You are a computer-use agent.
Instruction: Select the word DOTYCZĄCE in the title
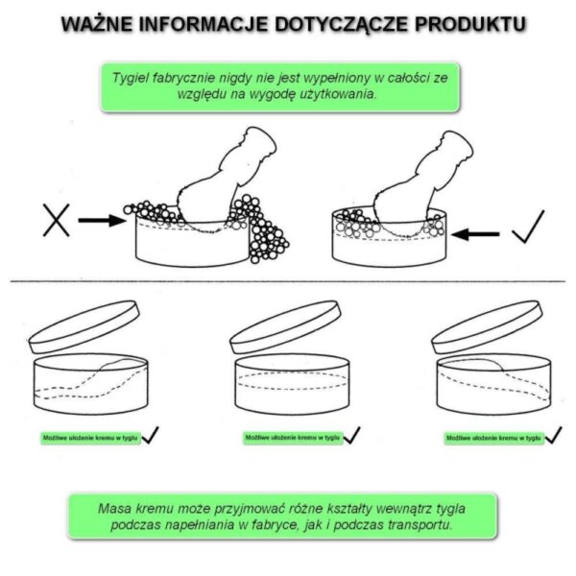coord(342,25)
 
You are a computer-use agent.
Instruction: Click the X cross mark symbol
coord(57,221)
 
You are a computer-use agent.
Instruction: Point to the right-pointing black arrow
coord(102,221)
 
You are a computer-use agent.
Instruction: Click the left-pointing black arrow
coord(475,234)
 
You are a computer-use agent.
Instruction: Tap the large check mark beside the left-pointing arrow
coord(529,227)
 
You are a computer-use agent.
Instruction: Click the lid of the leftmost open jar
coord(84,327)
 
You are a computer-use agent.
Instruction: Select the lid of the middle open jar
coord(285,327)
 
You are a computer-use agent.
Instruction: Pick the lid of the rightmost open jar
coord(487,327)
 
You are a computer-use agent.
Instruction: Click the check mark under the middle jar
coord(351,435)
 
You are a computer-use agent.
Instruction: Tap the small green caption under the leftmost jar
coord(90,438)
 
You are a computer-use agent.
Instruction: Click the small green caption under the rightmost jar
coord(493,438)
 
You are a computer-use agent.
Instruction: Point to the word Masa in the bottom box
coord(115,509)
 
